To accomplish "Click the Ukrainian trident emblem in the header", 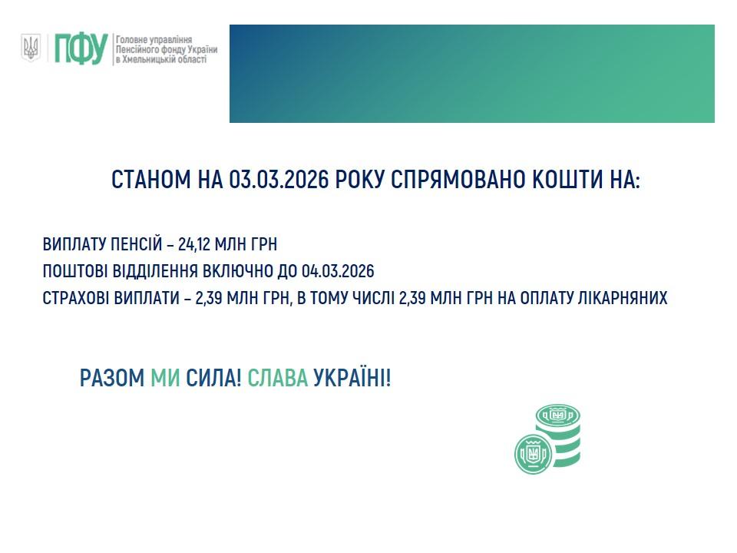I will [x=31, y=48].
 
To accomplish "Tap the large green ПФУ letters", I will [x=80, y=49].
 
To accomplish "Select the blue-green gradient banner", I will [x=471, y=74].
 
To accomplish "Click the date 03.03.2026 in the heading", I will [x=279, y=180].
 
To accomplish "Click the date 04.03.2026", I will [x=338, y=272].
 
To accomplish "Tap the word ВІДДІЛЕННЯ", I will [x=156, y=272].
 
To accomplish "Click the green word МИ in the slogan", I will [x=165, y=378].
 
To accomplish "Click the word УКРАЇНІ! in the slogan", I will [x=352, y=378].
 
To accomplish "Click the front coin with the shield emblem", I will [x=534, y=453].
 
